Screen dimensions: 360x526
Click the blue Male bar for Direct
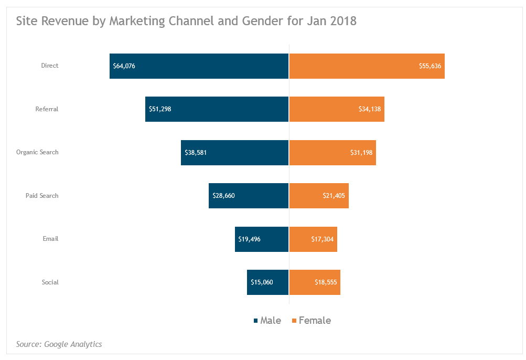click(199, 66)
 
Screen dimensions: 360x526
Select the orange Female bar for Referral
click(337, 109)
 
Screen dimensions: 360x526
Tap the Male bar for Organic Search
click(235, 153)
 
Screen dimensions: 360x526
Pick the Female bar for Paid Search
click(319, 196)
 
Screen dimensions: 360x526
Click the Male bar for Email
click(262, 239)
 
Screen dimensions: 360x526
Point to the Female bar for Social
click(315, 282)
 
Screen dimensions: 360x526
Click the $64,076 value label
click(124, 66)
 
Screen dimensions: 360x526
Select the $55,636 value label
click(430, 66)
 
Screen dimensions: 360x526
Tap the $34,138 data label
click(370, 109)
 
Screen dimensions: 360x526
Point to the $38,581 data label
click(196, 153)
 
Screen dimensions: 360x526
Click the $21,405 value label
click(334, 196)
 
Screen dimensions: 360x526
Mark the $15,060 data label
click(262, 282)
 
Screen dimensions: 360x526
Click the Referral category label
click(47, 109)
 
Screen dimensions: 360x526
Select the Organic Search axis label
click(37, 152)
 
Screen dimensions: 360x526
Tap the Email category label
click(50, 239)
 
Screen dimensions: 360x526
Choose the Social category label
click(50, 282)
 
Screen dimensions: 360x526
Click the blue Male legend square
click(255, 321)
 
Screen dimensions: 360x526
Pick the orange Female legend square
click(294, 321)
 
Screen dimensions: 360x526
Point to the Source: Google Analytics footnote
click(59, 344)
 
